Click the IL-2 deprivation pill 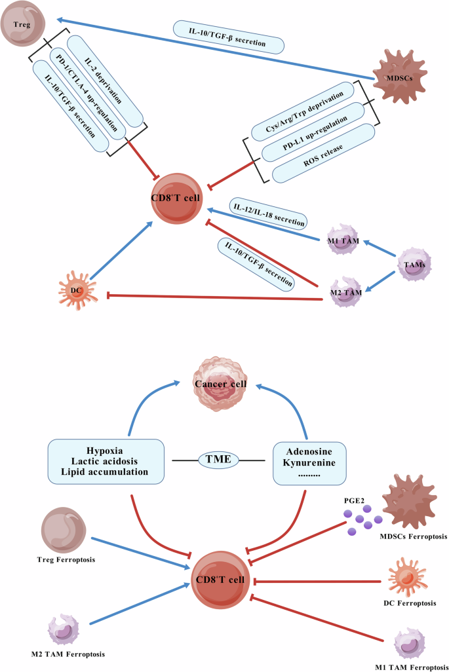tap(104, 77)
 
